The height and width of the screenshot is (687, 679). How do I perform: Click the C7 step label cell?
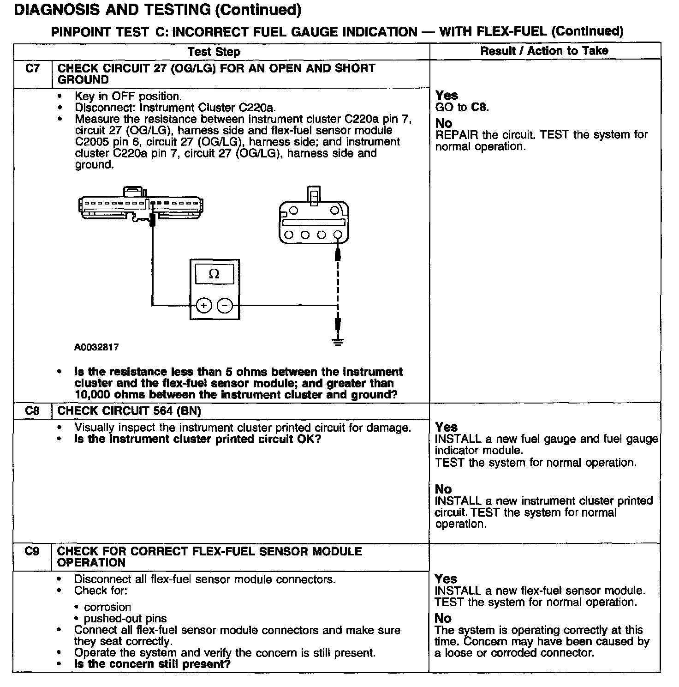(32, 69)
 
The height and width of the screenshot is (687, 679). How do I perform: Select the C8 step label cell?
(32, 410)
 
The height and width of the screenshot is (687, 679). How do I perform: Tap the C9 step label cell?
(32, 551)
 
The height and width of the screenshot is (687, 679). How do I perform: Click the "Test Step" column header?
(214, 52)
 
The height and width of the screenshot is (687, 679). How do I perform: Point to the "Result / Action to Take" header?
(544, 51)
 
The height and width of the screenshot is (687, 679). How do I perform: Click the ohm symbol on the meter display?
(214, 274)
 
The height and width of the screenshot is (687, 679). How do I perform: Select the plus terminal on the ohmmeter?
(204, 305)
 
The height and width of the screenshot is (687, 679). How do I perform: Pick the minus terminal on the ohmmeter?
(225, 305)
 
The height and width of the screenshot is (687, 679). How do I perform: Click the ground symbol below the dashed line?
(338, 342)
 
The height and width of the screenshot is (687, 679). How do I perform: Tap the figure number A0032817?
(96, 347)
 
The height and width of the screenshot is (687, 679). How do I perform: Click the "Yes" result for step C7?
(447, 96)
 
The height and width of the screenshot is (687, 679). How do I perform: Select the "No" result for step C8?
(443, 489)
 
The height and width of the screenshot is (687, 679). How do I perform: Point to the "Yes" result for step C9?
(446, 579)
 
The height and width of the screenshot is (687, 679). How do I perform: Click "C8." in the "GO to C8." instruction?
(480, 108)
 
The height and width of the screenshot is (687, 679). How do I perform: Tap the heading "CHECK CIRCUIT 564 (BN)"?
(129, 411)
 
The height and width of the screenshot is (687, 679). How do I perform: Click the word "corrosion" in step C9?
(107, 607)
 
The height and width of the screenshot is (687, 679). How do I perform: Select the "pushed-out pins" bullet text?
(125, 619)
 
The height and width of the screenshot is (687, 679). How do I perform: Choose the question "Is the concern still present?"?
(152, 664)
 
